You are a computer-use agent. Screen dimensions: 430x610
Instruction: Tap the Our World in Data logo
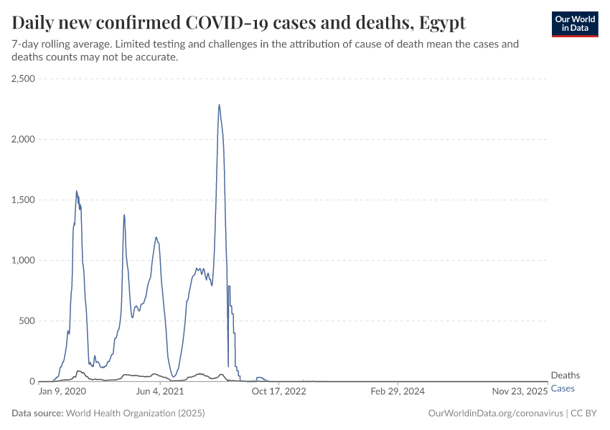point(574,24)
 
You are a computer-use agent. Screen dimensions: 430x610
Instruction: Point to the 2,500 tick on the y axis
point(24,79)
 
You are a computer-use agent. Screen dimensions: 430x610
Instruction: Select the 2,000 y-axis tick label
point(24,139)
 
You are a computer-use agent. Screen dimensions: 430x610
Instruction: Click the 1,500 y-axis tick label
point(24,200)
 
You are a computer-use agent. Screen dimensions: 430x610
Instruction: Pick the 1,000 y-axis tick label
point(24,260)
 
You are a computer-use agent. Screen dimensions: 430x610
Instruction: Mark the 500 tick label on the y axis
point(27,321)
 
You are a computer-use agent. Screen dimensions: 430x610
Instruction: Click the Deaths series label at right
point(566,376)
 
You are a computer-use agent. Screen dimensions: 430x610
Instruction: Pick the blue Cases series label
point(563,388)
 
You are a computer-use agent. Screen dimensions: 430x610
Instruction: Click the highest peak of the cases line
point(219,105)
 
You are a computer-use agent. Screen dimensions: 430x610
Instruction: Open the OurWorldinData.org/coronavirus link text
point(494,414)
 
